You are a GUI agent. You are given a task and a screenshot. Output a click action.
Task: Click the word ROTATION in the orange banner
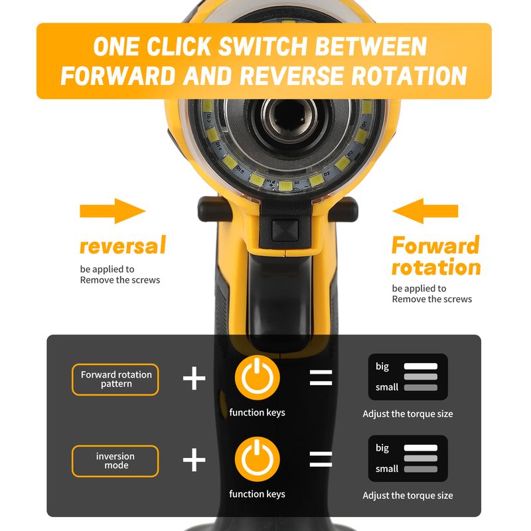tap(409, 75)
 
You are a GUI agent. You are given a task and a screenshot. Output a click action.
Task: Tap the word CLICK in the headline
tap(179, 46)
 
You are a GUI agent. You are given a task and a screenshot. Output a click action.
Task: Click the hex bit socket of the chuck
tap(289, 117)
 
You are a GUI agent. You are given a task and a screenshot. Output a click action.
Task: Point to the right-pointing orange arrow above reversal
tap(113, 211)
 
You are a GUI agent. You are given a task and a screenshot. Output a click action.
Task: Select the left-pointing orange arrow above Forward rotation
tap(425, 211)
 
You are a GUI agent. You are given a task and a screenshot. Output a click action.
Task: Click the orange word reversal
tap(123, 246)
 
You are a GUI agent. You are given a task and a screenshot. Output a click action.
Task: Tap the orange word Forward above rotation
tap(435, 245)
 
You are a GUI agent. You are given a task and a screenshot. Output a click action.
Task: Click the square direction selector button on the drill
tap(285, 230)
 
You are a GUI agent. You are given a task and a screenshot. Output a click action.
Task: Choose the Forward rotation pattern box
tap(115, 379)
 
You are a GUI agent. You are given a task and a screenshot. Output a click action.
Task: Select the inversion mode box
tap(115, 461)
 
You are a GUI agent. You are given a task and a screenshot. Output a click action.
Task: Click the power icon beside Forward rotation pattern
tap(257, 378)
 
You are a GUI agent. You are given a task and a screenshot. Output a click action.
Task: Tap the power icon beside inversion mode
tap(257, 459)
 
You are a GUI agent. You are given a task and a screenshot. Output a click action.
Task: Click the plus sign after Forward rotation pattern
tap(194, 378)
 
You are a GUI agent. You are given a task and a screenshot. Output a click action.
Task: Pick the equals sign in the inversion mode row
tap(321, 459)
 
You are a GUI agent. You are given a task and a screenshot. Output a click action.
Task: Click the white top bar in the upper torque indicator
tap(421, 366)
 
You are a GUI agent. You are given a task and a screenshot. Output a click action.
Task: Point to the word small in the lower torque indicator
tap(387, 469)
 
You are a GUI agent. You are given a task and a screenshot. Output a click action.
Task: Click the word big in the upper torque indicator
tap(382, 366)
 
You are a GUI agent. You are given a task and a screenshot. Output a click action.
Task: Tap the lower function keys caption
tap(257, 494)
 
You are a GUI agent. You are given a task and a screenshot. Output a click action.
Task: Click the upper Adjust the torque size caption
tap(408, 414)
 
